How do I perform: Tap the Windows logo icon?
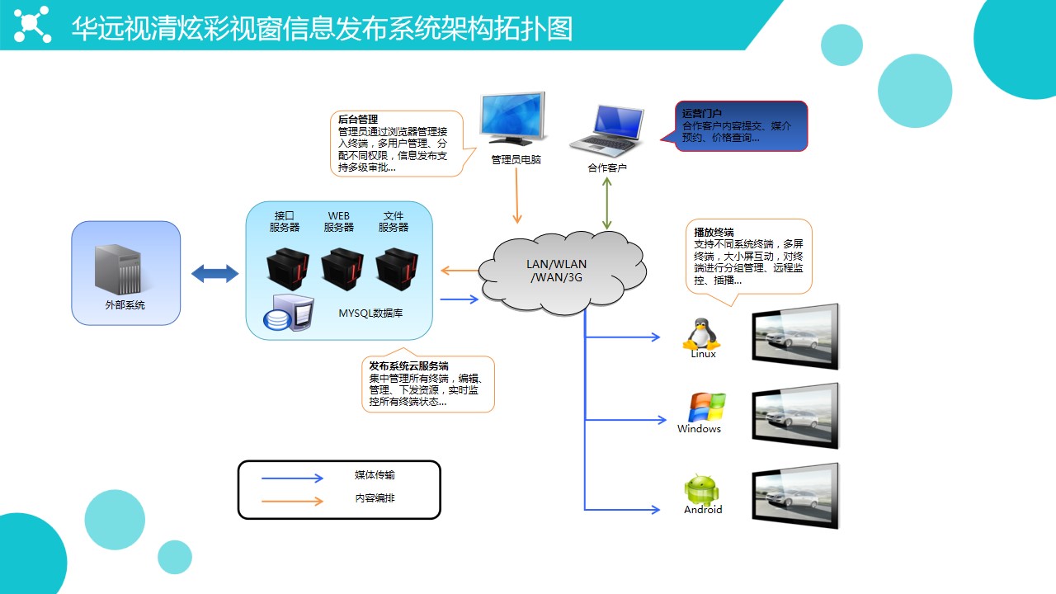707,408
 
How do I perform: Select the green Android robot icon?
702,489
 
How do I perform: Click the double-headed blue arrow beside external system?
214,274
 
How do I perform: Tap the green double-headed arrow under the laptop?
606,203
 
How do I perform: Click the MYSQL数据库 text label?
370,313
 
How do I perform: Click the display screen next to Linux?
794,336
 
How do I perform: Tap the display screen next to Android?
794,495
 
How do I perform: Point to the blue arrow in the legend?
292,478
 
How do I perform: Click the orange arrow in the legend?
292,501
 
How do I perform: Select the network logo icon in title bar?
32,24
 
